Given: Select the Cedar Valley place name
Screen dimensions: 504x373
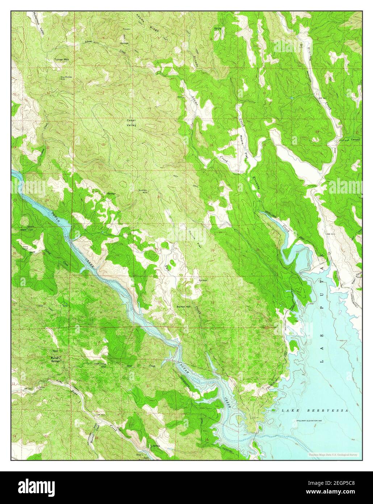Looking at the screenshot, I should click(x=131, y=122).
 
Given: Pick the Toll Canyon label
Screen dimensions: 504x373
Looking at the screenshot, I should click(x=352, y=140).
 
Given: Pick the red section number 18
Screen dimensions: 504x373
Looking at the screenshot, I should click(x=104, y=144).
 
